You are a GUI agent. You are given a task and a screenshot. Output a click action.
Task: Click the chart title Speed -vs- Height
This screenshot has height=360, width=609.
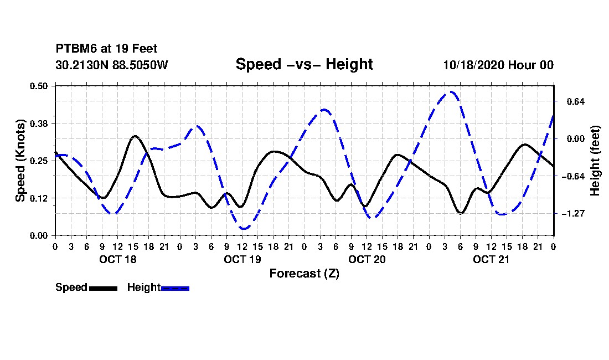click(304, 64)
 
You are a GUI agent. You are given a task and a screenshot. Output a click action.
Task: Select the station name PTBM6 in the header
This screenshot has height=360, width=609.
click(74, 49)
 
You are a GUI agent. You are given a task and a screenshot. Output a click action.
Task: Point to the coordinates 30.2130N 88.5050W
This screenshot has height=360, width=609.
click(111, 65)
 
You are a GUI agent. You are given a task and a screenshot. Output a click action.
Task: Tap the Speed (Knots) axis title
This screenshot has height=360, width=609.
click(20, 160)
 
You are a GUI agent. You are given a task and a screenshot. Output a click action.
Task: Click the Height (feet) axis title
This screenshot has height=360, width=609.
click(595, 161)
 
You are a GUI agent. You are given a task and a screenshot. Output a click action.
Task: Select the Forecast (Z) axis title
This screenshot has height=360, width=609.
click(304, 273)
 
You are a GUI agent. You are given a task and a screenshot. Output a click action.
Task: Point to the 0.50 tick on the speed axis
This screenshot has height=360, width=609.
click(40, 85)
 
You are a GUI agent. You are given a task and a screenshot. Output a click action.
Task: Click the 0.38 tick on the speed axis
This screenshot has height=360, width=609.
click(40, 123)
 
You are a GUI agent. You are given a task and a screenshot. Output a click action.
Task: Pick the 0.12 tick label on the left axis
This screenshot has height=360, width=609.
click(40, 198)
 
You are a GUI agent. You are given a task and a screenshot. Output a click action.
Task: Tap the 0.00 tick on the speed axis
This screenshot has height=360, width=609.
click(40, 235)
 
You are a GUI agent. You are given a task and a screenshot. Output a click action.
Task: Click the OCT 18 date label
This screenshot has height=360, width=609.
click(117, 259)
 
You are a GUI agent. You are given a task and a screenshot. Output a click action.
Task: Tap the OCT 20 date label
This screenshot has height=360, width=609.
click(366, 259)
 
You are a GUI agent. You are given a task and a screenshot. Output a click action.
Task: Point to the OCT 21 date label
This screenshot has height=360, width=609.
click(491, 259)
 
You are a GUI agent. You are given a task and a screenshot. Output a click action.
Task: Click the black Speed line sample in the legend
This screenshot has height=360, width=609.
click(103, 288)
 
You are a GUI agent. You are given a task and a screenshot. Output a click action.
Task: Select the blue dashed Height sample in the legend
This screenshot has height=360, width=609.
click(176, 288)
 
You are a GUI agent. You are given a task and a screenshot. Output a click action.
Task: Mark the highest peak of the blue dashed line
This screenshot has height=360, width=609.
click(452, 92)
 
